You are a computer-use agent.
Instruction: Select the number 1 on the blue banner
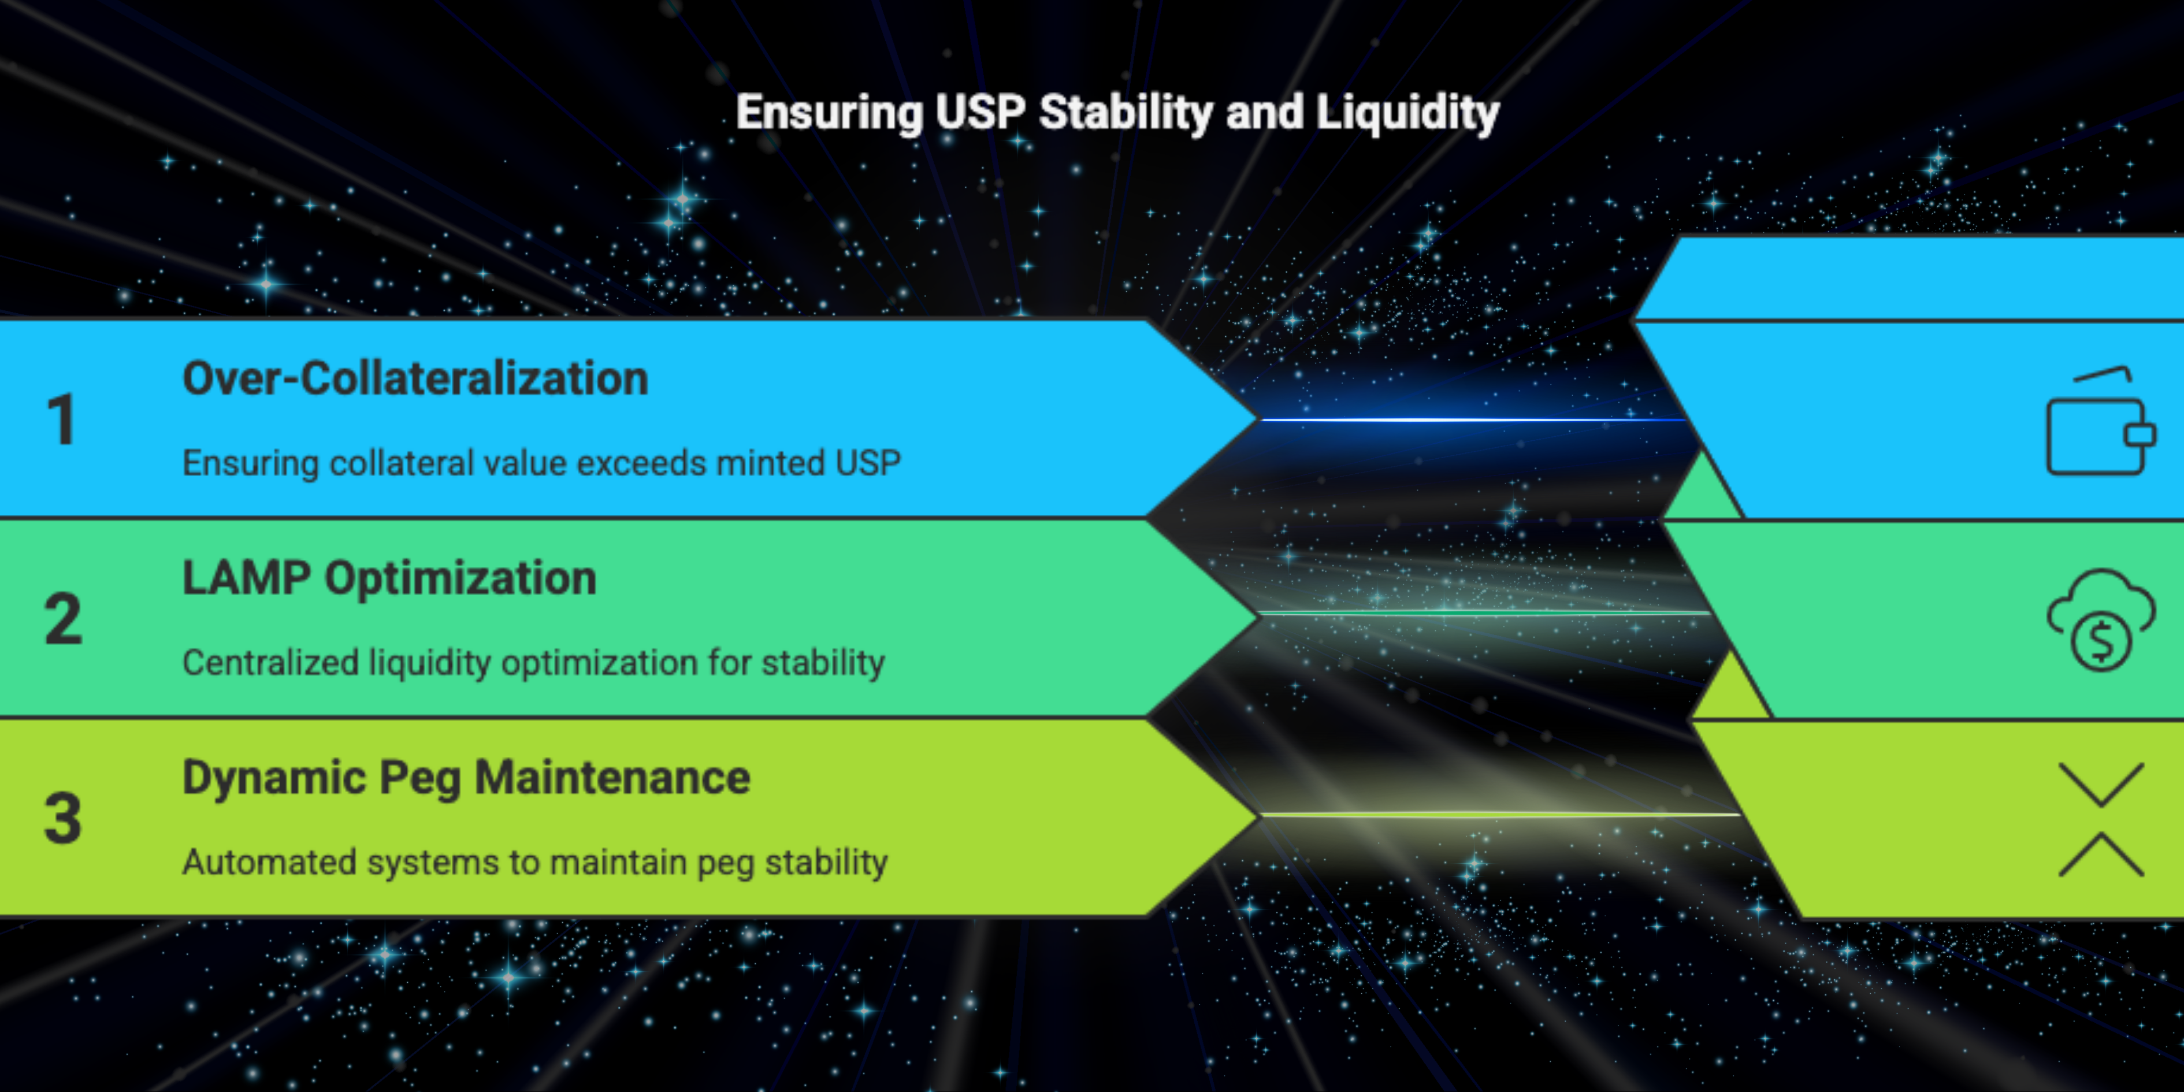click(x=62, y=419)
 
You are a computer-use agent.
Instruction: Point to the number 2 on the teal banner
click(x=64, y=619)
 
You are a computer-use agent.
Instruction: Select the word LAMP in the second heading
click(x=247, y=578)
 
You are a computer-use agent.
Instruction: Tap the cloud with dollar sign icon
click(x=2101, y=620)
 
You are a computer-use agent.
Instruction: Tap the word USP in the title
click(x=980, y=112)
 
